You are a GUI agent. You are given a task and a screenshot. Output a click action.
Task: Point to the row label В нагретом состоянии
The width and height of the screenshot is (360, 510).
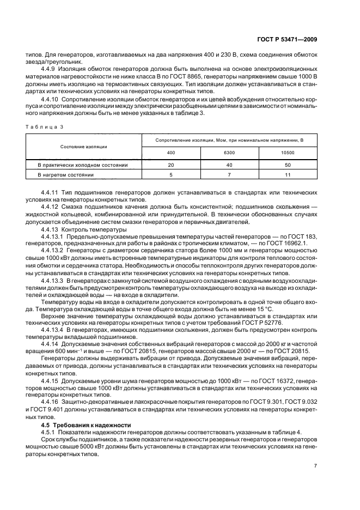click(x=66, y=175)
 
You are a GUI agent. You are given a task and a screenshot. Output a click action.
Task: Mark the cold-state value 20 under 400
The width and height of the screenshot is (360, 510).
click(x=171, y=164)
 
